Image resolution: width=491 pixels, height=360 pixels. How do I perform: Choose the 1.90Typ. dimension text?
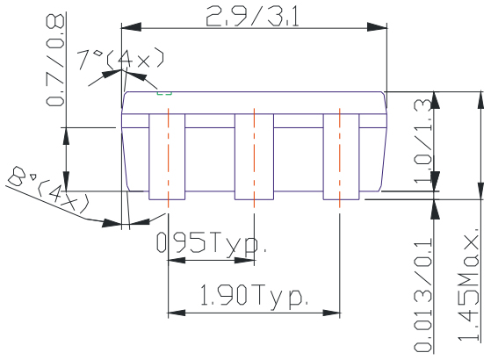[254, 296]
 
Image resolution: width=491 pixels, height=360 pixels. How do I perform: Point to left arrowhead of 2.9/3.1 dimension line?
[126, 27]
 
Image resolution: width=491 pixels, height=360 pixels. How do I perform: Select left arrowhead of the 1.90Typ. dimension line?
[172, 312]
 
